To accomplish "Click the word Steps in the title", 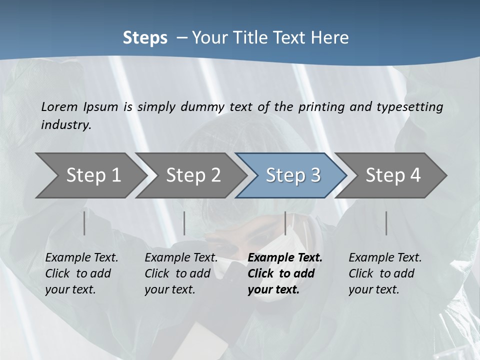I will pos(145,37).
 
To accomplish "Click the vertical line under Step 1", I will pos(84,223).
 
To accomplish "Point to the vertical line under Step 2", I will pos(184,223).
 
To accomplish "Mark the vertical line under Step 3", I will pos(285,223).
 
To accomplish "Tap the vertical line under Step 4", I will pos(386,223).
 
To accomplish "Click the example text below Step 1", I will pos(81,273).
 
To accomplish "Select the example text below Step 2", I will pos(181,273).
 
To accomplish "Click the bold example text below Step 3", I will pos(285,273).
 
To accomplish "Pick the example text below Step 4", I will pos(385,273).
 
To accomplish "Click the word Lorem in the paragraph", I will pos(59,106).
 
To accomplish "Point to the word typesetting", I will pos(413,106).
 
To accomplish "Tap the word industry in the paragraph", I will pos(66,124).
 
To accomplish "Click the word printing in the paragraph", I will pos(321,106).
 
